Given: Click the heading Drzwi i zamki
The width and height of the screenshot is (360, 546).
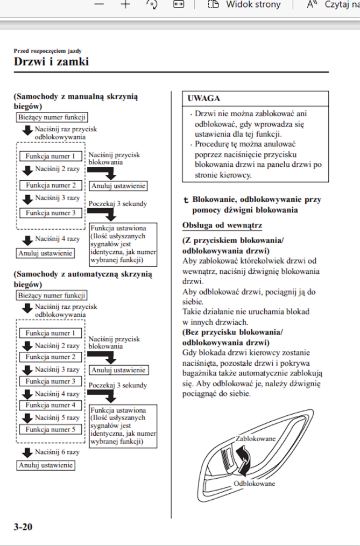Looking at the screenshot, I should [51, 62].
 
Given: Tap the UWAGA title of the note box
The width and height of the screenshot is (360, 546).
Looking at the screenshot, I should [203, 98].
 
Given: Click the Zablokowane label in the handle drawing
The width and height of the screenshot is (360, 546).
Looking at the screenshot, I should [256, 438].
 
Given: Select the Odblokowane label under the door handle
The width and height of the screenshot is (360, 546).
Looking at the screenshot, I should [254, 484].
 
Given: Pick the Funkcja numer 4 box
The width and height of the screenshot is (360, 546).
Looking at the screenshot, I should [51, 405].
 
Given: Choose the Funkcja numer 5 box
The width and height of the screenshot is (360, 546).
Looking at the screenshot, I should [51, 429].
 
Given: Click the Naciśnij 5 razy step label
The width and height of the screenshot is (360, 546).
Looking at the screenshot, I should [57, 417].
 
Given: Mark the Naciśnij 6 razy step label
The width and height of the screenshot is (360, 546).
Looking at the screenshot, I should [57, 452].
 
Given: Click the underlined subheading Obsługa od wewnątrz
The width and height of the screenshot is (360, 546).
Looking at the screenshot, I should [222, 225].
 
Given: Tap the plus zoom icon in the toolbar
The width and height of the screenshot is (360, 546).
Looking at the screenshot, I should [125, 4].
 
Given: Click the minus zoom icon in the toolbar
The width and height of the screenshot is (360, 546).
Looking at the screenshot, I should [98, 4].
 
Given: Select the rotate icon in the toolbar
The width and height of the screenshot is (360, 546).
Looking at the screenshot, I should [152, 4].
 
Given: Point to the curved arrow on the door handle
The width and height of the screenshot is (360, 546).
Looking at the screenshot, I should [245, 462].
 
